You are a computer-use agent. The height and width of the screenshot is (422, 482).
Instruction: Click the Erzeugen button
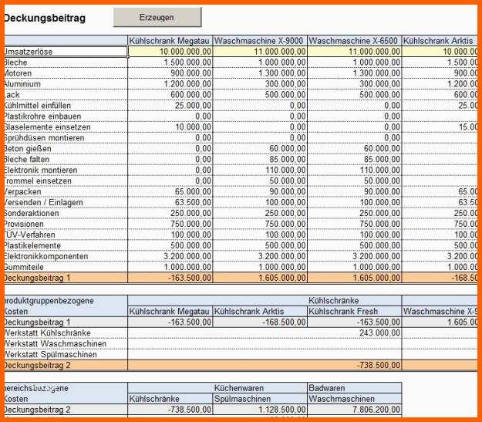[x=157, y=17]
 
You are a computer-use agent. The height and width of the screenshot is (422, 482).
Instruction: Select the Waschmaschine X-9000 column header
[x=259, y=40]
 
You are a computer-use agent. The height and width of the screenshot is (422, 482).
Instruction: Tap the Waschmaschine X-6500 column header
[x=354, y=40]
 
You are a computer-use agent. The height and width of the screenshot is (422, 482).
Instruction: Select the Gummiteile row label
[x=24, y=267]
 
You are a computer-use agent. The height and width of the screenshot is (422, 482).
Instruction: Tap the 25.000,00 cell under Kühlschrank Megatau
[x=193, y=105]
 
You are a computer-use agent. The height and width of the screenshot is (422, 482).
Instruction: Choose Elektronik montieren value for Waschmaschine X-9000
[x=285, y=170]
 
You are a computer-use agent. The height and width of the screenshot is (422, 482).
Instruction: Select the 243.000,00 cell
[x=378, y=333]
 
